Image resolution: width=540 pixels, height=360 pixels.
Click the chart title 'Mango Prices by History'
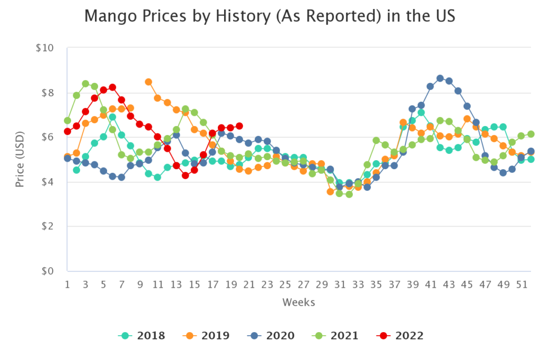269,17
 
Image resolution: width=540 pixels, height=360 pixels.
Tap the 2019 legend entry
207,335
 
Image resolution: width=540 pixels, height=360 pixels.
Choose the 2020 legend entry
272,335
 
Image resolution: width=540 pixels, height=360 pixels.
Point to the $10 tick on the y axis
46,48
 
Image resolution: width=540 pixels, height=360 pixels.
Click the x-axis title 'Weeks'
298,302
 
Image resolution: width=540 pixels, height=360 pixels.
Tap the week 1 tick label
67,285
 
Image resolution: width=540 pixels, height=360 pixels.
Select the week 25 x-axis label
285,285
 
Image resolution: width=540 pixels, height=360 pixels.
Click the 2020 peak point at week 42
440,78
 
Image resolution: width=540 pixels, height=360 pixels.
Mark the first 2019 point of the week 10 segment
149,82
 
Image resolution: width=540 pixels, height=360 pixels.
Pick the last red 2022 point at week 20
239,126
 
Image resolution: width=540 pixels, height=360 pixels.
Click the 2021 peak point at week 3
85,84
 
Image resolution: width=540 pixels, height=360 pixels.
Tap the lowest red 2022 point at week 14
185,176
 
